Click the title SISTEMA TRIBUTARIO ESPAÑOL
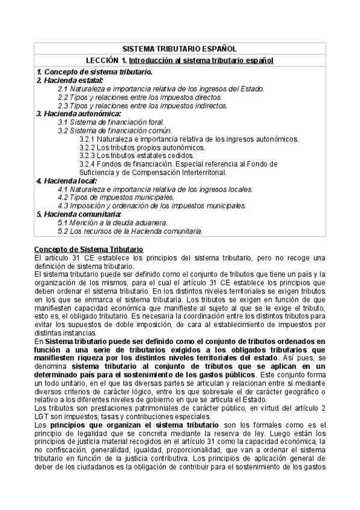(x=179, y=49)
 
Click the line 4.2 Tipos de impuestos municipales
(x=116, y=197)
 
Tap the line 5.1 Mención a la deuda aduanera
(x=112, y=222)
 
